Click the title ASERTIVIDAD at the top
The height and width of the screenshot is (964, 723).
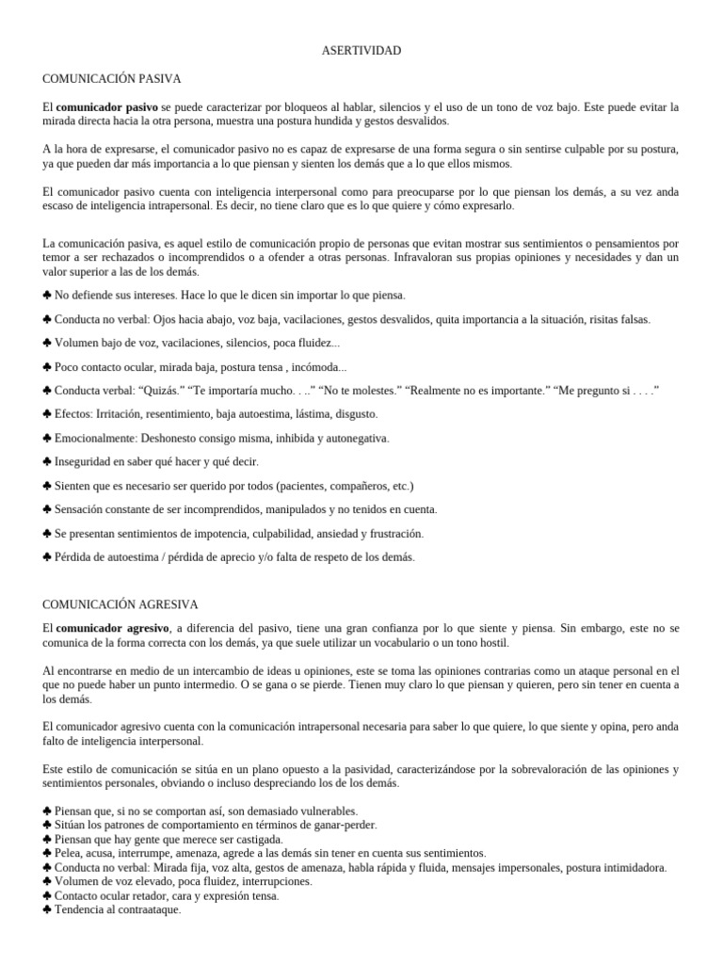click(x=361, y=50)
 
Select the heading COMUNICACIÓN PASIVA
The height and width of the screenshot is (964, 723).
click(x=112, y=78)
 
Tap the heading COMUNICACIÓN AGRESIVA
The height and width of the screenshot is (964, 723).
click(x=120, y=603)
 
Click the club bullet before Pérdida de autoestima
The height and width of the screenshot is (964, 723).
click(x=47, y=557)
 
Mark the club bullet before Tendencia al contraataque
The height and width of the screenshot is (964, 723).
click(x=47, y=910)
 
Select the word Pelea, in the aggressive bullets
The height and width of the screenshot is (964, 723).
click(x=71, y=853)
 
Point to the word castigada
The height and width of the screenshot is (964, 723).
click(x=256, y=839)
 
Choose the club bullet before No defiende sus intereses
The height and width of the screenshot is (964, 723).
click(x=47, y=295)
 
